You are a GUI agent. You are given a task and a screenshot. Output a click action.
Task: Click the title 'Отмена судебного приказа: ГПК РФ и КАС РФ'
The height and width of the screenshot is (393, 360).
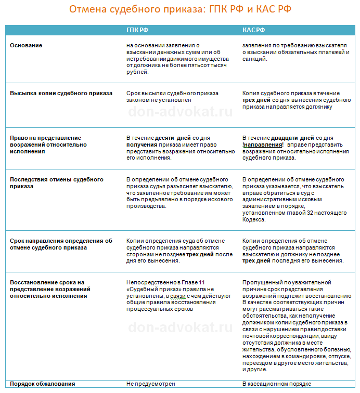tap(180, 10)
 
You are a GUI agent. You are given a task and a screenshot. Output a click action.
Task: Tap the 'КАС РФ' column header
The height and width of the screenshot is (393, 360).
tap(253, 30)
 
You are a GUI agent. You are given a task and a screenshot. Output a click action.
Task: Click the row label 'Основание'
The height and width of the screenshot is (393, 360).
tap(26, 45)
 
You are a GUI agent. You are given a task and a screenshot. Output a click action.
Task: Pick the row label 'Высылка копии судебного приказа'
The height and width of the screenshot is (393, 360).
tap(61, 94)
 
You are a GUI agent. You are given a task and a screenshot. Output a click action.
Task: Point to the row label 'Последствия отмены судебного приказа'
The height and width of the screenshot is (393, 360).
tap(57, 183)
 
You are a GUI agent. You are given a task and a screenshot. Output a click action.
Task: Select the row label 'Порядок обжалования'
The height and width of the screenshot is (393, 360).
tap(43, 384)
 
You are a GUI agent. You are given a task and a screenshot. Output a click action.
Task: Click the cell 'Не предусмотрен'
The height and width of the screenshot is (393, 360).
tap(151, 384)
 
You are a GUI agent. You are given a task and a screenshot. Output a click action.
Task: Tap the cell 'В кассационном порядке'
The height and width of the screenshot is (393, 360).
tap(277, 384)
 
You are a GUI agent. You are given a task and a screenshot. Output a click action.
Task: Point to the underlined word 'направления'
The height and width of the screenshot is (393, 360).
tap(263, 145)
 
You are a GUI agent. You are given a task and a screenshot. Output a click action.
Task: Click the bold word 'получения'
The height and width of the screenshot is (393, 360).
tap(143, 145)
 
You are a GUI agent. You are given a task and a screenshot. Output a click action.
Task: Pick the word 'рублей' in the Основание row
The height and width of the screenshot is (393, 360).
tap(137, 72)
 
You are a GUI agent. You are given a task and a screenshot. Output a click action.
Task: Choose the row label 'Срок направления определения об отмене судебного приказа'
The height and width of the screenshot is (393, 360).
tap(61, 244)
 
